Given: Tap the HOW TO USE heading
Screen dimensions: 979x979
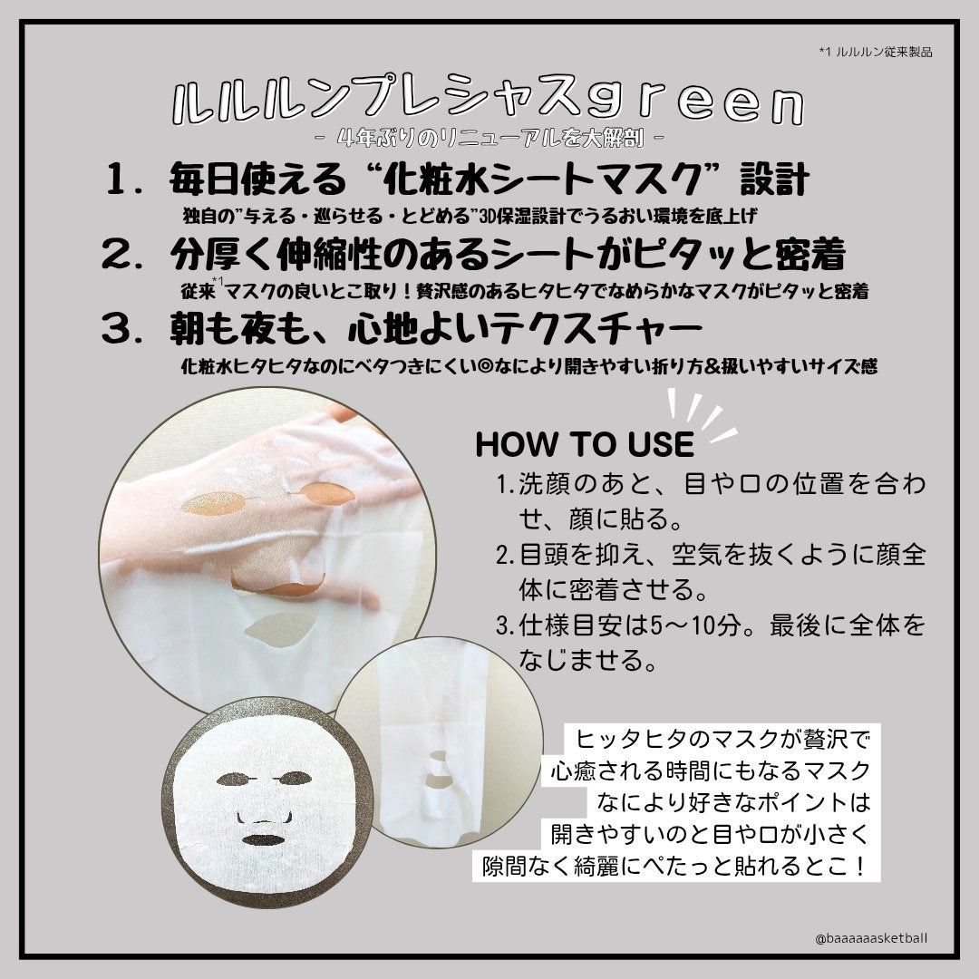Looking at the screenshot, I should [x=584, y=444].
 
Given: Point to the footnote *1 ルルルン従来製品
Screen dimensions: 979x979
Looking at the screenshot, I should [x=875, y=51].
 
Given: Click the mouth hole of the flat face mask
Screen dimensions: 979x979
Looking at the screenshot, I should [x=264, y=839].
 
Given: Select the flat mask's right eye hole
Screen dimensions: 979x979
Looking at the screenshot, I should [x=294, y=778].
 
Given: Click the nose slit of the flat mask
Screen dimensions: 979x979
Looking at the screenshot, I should [x=263, y=817].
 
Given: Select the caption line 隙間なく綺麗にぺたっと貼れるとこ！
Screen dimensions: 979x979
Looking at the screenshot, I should [x=674, y=866].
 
